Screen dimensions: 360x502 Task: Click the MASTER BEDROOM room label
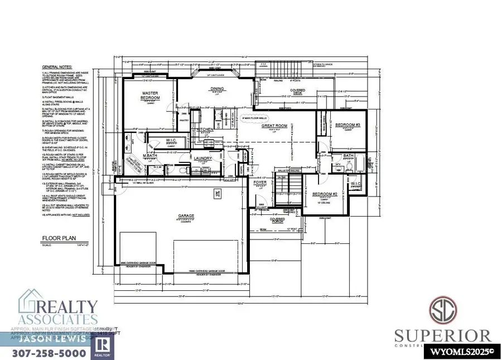[151, 95]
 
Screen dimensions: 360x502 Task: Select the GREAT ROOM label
[274, 126]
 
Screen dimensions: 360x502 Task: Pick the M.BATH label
[149, 155]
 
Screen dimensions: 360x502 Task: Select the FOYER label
[260, 182]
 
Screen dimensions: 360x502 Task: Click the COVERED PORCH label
[277, 220]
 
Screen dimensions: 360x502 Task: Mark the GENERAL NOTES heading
[57, 73]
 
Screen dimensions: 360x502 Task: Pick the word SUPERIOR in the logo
[443, 335]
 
